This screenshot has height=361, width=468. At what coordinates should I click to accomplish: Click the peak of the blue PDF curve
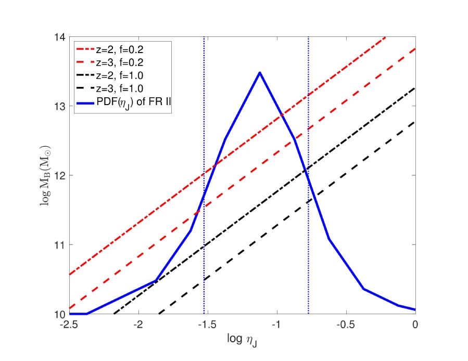tap(259, 72)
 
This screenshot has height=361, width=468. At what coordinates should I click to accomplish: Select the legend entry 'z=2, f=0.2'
tap(122, 50)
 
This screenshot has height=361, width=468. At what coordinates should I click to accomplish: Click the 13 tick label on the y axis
tap(58, 106)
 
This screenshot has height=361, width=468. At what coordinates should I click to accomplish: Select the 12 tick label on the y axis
tap(58, 175)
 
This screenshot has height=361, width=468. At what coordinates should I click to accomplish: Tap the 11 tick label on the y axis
tap(58, 244)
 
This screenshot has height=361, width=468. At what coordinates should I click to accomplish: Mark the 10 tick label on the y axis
tap(58, 314)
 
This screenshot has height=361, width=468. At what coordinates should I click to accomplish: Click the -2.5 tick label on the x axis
tap(69, 325)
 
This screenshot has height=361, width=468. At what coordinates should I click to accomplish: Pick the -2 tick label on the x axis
tap(138, 325)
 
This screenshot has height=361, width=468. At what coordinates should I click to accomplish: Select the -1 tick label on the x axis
tap(276, 325)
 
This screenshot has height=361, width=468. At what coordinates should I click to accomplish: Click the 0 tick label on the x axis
tap(415, 325)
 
